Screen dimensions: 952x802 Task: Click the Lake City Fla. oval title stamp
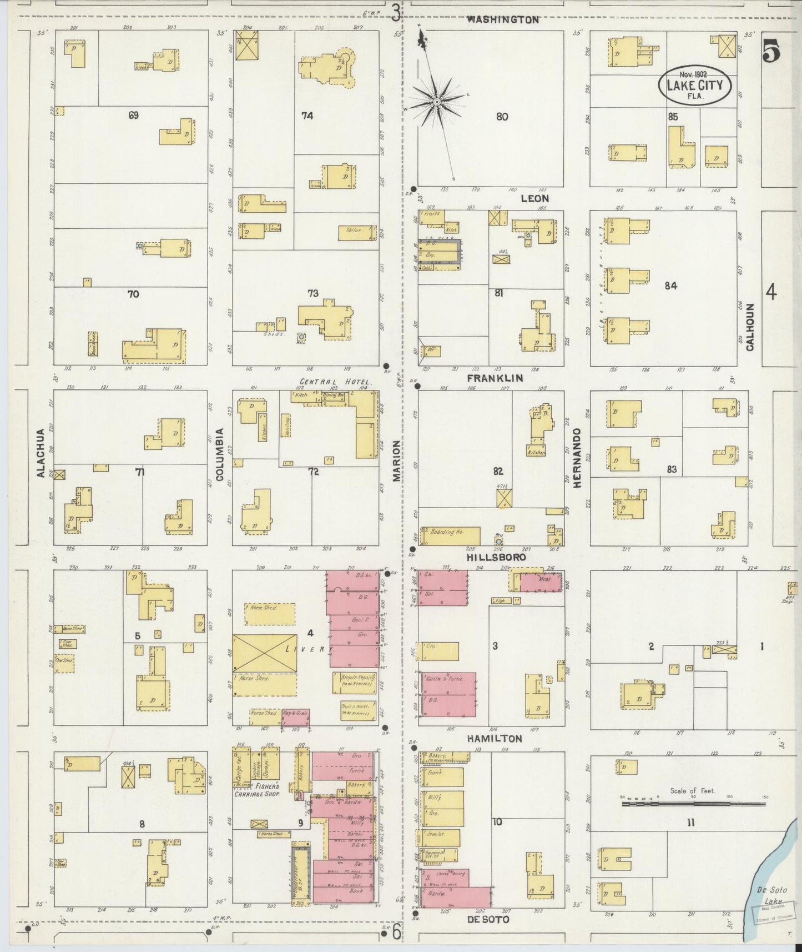tap(694, 85)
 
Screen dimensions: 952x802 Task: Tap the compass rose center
tap(437, 102)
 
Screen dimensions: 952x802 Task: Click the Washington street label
tap(502, 19)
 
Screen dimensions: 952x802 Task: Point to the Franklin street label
tap(495, 378)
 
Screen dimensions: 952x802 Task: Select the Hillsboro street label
tap(496, 557)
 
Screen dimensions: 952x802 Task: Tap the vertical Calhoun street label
tap(750, 327)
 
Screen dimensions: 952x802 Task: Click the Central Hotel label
tap(335, 382)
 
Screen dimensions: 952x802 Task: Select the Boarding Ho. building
tap(450, 535)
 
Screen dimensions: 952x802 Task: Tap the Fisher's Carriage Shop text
tap(267, 790)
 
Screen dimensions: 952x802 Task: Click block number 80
tap(502, 117)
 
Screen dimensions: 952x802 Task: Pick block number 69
tap(133, 116)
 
